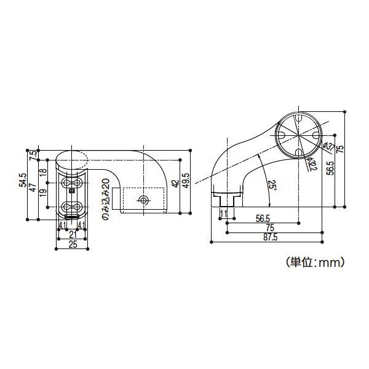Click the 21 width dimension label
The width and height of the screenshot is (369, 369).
[x=72, y=234]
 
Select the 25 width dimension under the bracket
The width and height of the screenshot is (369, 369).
[x=72, y=244]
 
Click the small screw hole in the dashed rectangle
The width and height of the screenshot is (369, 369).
[x=144, y=200]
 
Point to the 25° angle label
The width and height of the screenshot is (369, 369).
[x=271, y=185]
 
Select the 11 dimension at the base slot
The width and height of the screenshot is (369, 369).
[x=223, y=213]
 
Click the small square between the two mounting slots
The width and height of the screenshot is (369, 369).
[x=72, y=191]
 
